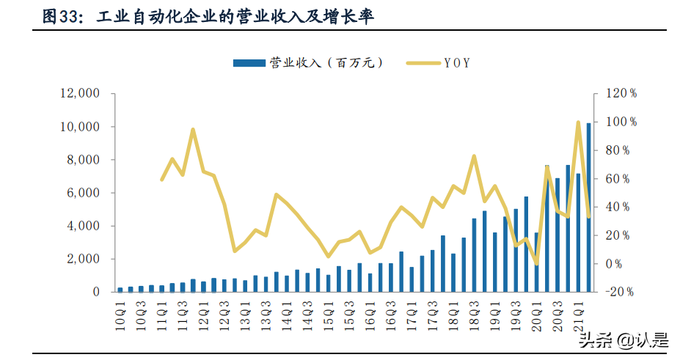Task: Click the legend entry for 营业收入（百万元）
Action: (x=308, y=63)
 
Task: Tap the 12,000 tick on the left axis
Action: (x=78, y=94)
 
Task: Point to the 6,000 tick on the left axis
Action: (x=82, y=193)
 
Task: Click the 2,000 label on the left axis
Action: (x=82, y=259)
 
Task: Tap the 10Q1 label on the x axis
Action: (x=120, y=311)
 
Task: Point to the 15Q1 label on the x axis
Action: (x=329, y=311)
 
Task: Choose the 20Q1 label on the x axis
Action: (x=536, y=311)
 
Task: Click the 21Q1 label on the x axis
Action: (x=578, y=311)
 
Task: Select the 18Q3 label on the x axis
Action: (x=474, y=311)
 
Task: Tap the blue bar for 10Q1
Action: (x=120, y=290)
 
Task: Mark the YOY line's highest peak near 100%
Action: (x=578, y=122)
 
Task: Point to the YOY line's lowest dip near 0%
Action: (x=536, y=262)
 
